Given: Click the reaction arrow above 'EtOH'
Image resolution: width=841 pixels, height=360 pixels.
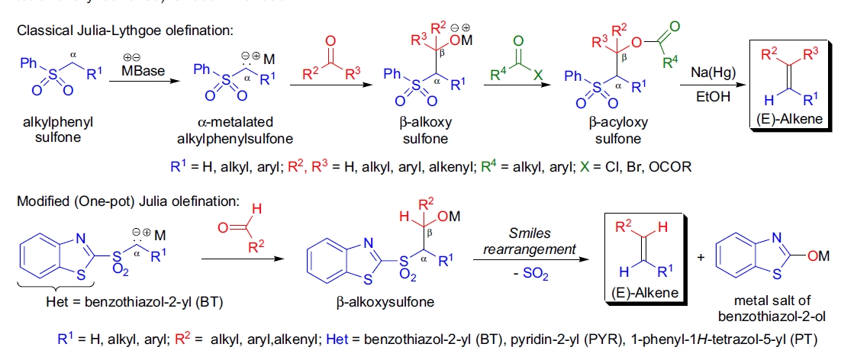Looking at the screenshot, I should tap(710, 85).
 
